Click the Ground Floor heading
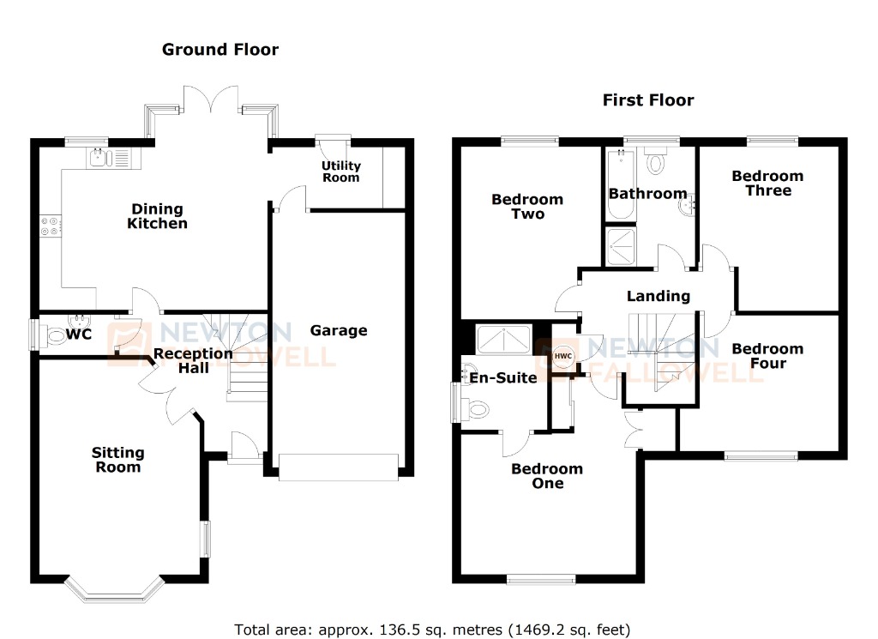coord(220,50)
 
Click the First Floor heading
coord(647,100)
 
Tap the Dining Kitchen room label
coord(157,216)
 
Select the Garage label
coord(339,330)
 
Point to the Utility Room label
coord(341,172)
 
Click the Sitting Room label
coord(117,460)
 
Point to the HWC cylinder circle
coord(562,356)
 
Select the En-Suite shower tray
coord(502,340)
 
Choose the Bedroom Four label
coord(767,356)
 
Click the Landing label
coord(658,296)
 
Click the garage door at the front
coord(339,467)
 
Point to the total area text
coord(434,629)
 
